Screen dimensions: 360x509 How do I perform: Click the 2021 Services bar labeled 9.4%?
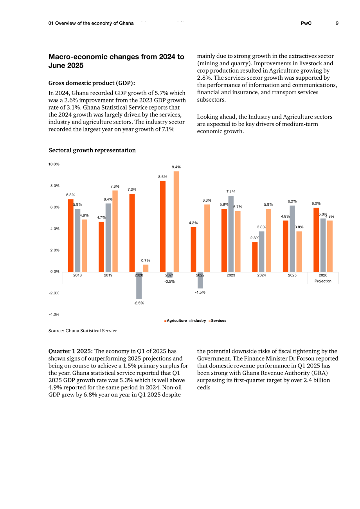tap(176, 222)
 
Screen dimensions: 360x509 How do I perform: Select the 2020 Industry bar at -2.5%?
tap(139, 285)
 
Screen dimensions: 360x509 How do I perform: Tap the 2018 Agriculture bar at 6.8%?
tap(70, 236)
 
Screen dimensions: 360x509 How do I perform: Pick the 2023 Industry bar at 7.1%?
tap(231, 234)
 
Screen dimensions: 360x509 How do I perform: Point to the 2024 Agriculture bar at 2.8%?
tap(255, 257)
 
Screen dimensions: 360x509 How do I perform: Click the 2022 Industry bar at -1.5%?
tap(200, 280)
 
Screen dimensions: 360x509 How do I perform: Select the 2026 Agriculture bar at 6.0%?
tap(316, 240)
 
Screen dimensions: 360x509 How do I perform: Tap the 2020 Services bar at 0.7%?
tap(146, 268)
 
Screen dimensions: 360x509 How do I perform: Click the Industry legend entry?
tap(197, 321)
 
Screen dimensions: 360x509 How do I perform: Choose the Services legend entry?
tap(218, 321)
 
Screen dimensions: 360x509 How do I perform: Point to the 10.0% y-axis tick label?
tap(54, 164)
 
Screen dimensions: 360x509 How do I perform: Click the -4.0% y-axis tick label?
tap(54, 314)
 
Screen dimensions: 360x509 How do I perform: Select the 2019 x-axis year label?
tap(108, 275)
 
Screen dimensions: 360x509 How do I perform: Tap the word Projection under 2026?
tap(323, 281)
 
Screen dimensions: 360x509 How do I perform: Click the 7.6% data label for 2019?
tap(115, 186)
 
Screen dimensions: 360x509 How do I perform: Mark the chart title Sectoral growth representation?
tap(92, 150)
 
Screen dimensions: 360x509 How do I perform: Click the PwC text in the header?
tap(306, 23)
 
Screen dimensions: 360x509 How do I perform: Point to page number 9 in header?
tap(337, 23)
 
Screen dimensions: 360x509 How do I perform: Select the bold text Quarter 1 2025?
tap(70, 351)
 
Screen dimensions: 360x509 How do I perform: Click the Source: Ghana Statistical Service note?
tap(83, 331)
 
